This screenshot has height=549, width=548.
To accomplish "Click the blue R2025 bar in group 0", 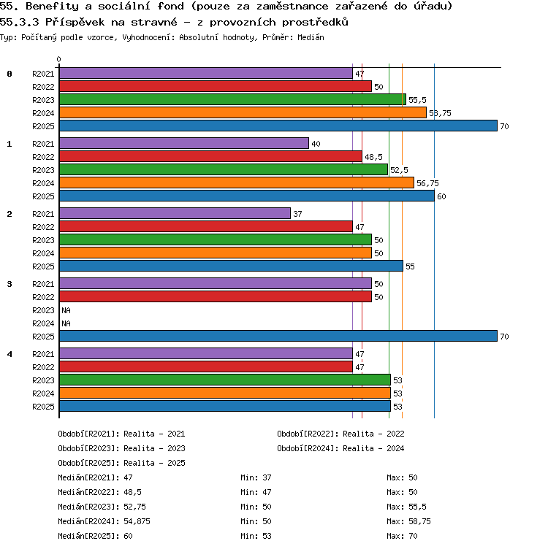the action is [x=278, y=126].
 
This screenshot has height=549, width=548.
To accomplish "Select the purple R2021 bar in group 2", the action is [x=175, y=213].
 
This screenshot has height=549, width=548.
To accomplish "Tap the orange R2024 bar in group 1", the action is [x=237, y=183].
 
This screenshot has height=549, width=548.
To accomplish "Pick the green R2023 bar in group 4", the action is [x=225, y=380].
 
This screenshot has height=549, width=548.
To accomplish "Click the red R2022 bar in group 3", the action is [x=216, y=296].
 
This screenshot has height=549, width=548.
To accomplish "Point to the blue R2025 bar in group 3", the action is [x=278, y=336].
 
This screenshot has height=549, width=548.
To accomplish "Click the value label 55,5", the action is [x=417, y=100].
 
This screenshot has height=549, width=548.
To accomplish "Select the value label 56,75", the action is [x=427, y=183].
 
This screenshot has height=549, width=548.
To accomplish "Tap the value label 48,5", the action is [x=373, y=157].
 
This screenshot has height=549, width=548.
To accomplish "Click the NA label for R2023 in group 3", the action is [x=66, y=310].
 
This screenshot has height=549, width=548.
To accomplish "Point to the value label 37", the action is [x=297, y=214].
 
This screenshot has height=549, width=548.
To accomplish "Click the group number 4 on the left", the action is [x=9, y=354].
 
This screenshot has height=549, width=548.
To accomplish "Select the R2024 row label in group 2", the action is [x=43, y=253].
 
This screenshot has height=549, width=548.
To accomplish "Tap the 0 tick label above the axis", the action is [x=58, y=59].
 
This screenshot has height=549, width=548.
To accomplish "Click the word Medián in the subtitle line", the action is [x=311, y=37].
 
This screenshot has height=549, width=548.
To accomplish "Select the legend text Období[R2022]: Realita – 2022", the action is [x=340, y=434].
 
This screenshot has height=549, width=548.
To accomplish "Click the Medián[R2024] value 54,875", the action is [x=137, y=521].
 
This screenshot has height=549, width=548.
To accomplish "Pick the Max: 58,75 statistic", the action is [x=408, y=521].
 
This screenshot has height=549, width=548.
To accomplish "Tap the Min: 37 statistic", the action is [x=256, y=477].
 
